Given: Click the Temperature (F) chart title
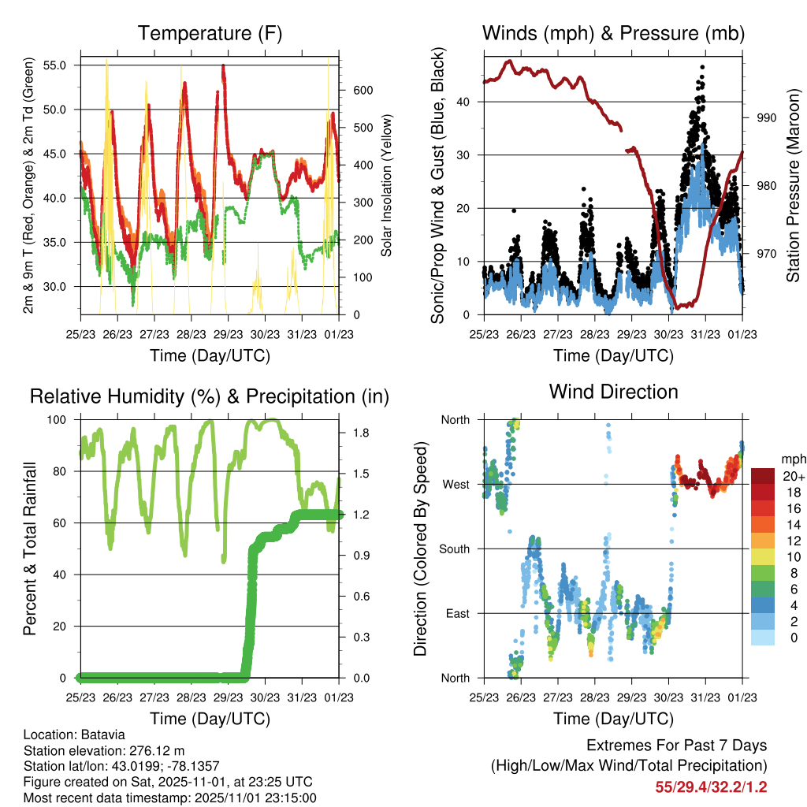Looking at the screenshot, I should click(210, 34).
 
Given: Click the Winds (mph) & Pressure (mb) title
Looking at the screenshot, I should click(613, 34).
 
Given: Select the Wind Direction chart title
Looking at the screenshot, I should click(613, 392).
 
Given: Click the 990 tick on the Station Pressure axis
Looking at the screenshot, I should click(767, 118).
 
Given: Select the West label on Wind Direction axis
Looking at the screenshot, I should click(455, 484).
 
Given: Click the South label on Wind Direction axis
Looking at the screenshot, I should click(453, 549).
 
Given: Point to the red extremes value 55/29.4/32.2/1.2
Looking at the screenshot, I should click(710, 787).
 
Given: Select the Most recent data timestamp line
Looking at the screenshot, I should click(169, 798).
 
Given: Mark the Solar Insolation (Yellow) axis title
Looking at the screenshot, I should click(386, 186).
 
